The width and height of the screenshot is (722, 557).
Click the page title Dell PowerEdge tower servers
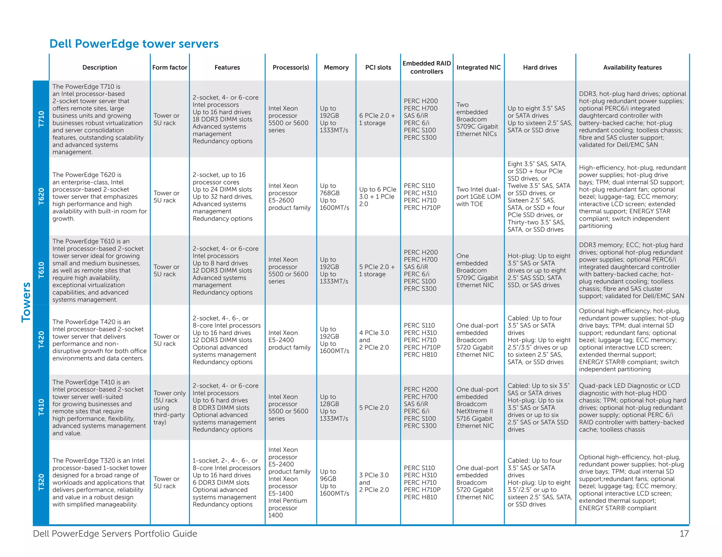click(134, 44)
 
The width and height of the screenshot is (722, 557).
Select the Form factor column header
click(170, 67)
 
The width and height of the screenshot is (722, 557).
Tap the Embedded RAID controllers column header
click(427, 67)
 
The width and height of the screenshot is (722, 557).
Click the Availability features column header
click(632, 67)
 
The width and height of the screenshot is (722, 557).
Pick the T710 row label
click(41, 119)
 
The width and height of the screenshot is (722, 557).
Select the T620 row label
click(41, 196)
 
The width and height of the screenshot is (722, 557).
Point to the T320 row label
click(41, 482)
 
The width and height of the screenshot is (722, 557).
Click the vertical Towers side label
click(26, 302)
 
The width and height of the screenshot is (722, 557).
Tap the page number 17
click(684, 534)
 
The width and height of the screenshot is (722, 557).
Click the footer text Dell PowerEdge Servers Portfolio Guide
click(115, 534)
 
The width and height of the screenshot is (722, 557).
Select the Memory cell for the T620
click(334, 196)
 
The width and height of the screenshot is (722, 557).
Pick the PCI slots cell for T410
click(374, 407)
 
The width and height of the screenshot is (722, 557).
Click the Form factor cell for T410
click(169, 407)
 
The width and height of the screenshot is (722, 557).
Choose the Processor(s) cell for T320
click(289, 482)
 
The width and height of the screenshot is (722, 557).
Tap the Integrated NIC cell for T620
click(478, 196)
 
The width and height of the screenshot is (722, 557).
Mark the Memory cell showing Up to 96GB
click(334, 482)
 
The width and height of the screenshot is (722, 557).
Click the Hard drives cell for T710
click(539, 119)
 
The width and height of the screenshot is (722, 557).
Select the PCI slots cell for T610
click(377, 270)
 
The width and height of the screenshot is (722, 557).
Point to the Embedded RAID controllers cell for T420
click(422, 340)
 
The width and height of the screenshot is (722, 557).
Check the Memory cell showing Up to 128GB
click(334, 407)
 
